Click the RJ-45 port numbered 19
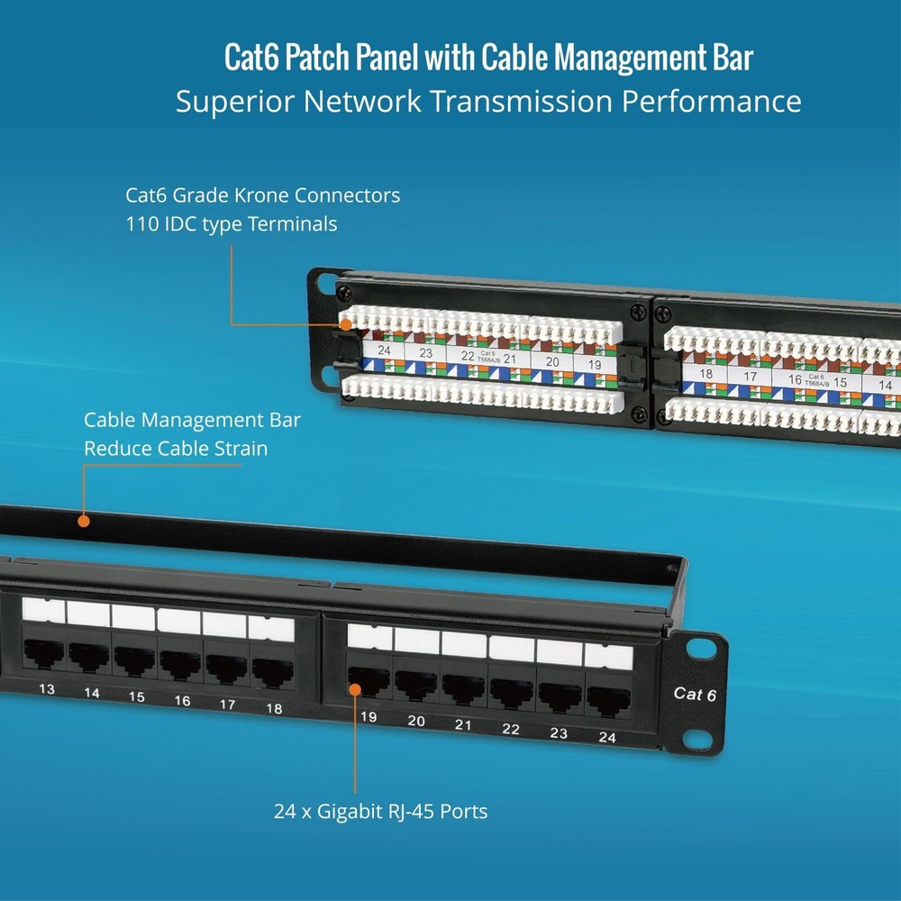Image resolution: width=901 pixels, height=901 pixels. point(367,682)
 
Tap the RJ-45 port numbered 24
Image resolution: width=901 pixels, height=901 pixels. point(608,699)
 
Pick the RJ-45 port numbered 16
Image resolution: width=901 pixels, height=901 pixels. point(180,664)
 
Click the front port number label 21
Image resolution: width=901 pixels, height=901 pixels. point(463,724)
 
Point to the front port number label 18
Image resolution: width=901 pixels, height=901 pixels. point(274,708)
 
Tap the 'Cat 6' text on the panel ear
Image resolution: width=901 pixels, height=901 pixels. point(695,694)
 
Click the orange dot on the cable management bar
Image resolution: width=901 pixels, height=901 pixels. point(83,521)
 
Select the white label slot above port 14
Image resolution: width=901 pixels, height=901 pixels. point(88,614)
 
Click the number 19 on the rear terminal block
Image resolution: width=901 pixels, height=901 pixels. point(594,364)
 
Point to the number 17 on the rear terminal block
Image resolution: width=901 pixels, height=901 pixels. point(750,377)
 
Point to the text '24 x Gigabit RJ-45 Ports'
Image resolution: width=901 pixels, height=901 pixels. point(380,812)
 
